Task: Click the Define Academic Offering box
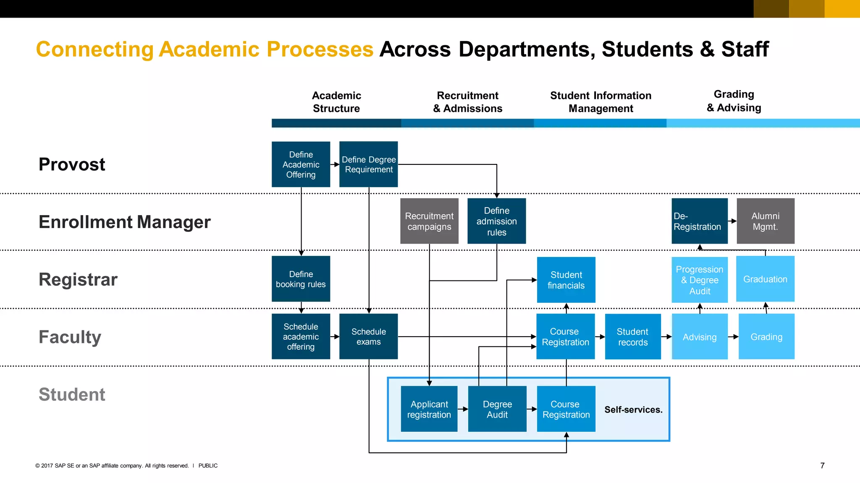[301, 164]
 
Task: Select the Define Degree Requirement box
[368, 164]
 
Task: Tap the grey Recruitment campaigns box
[429, 221]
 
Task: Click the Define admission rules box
[496, 221]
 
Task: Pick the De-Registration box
[699, 221]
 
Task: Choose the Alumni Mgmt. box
[765, 221]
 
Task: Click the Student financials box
[566, 280]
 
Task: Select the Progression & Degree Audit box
[699, 280]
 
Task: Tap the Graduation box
[765, 279]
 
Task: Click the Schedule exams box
[368, 336]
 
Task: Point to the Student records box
[632, 336]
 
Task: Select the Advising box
[699, 336]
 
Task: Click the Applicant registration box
[429, 409]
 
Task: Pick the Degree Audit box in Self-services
[497, 409]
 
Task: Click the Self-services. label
[633, 410]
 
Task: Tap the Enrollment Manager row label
[124, 222]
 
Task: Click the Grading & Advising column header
[734, 101]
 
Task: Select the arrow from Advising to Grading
[733, 336]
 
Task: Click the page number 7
[822, 465]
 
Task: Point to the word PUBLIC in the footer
[208, 465]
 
